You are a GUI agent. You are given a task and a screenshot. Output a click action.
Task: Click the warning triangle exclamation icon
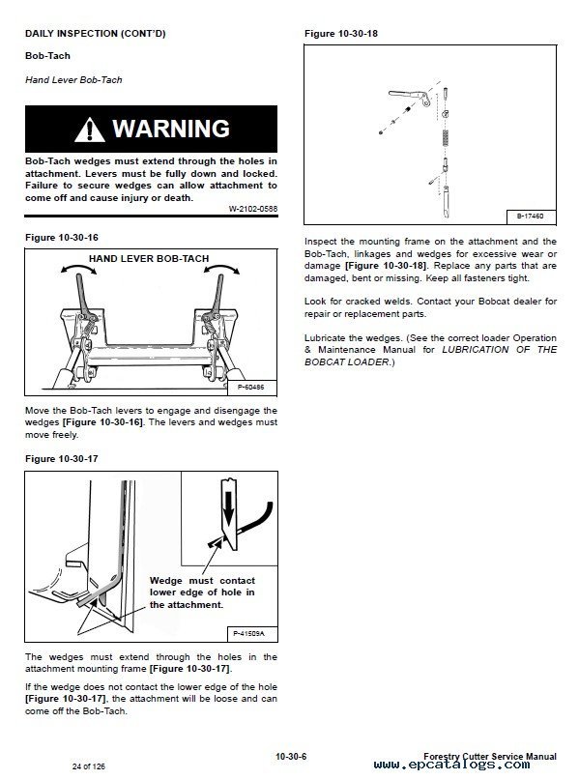point(90,130)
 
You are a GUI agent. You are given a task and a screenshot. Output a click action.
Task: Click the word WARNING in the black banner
point(171,129)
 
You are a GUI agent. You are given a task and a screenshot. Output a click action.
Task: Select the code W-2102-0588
point(252,209)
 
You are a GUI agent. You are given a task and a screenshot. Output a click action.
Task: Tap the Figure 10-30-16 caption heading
point(62,237)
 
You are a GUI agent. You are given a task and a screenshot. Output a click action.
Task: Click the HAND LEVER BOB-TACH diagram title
point(149,258)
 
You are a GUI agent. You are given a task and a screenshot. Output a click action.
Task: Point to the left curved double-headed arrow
point(78,268)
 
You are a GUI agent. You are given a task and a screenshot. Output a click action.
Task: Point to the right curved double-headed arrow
point(222,268)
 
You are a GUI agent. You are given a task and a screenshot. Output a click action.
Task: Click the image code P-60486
point(251,387)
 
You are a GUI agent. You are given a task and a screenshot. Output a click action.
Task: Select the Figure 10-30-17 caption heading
point(62,459)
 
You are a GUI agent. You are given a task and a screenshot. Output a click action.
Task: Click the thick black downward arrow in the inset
point(228,508)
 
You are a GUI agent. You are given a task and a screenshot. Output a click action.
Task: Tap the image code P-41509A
point(249,633)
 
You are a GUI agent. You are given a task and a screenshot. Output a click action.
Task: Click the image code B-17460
point(531,217)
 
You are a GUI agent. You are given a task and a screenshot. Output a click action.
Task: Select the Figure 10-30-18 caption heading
point(341,33)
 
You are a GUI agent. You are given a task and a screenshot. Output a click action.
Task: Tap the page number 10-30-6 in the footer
point(291,756)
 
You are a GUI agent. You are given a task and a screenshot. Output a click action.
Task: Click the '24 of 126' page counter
point(89,766)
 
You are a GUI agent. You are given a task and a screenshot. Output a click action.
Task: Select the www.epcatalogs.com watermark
point(451,765)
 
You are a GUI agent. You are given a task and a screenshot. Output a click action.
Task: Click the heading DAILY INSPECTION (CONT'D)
point(96,33)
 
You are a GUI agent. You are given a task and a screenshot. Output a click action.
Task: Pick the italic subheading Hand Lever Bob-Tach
point(73,79)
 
